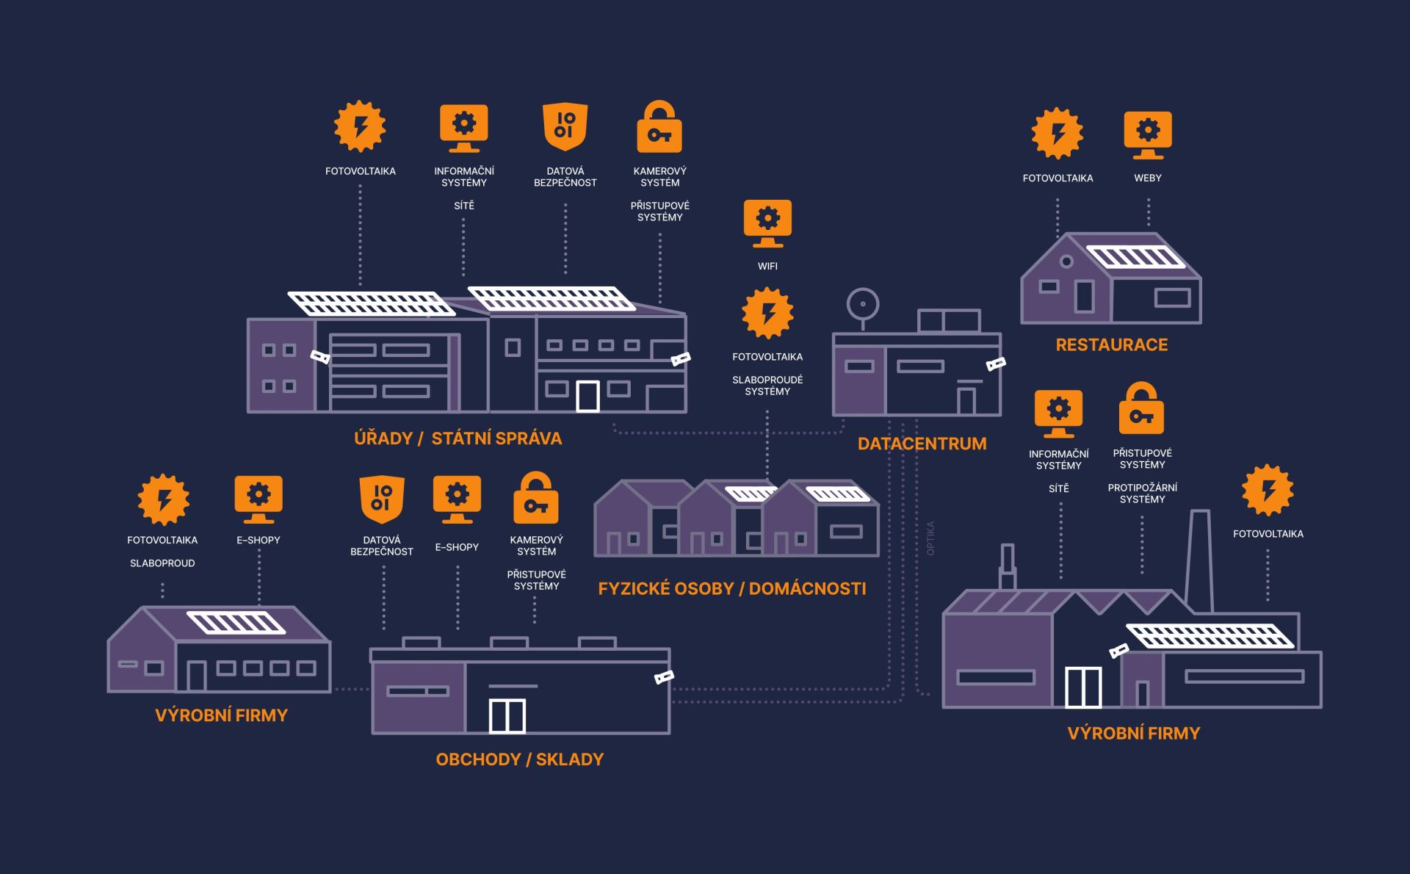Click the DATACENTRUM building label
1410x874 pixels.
pyautogui.click(x=922, y=444)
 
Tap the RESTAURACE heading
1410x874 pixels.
pyautogui.click(x=1111, y=344)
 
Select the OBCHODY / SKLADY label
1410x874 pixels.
pyautogui.click(x=519, y=759)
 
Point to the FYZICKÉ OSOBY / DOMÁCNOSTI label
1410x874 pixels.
pyautogui.click(x=731, y=588)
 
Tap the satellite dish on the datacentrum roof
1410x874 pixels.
pyautogui.click(x=863, y=304)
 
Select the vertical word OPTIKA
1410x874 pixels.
pyautogui.click(x=930, y=538)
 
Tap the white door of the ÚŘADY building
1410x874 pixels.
pyautogui.click(x=587, y=397)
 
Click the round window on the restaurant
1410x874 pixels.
pyautogui.click(x=1066, y=261)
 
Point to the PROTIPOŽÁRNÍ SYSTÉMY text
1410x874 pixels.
pyautogui.click(x=1142, y=494)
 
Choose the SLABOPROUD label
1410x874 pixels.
pyautogui.click(x=162, y=563)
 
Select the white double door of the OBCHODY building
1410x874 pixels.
pyautogui.click(x=507, y=716)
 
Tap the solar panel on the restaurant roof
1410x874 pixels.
pyautogui.click(x=1135, y=256)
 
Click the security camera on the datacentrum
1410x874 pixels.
pyautogui.click(x=996, y=364)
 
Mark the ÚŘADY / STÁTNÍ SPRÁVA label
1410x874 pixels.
pyautogui.click(x=458, y=438)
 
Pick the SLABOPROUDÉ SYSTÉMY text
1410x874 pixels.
pyautogui.click(x=767, y=386)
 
